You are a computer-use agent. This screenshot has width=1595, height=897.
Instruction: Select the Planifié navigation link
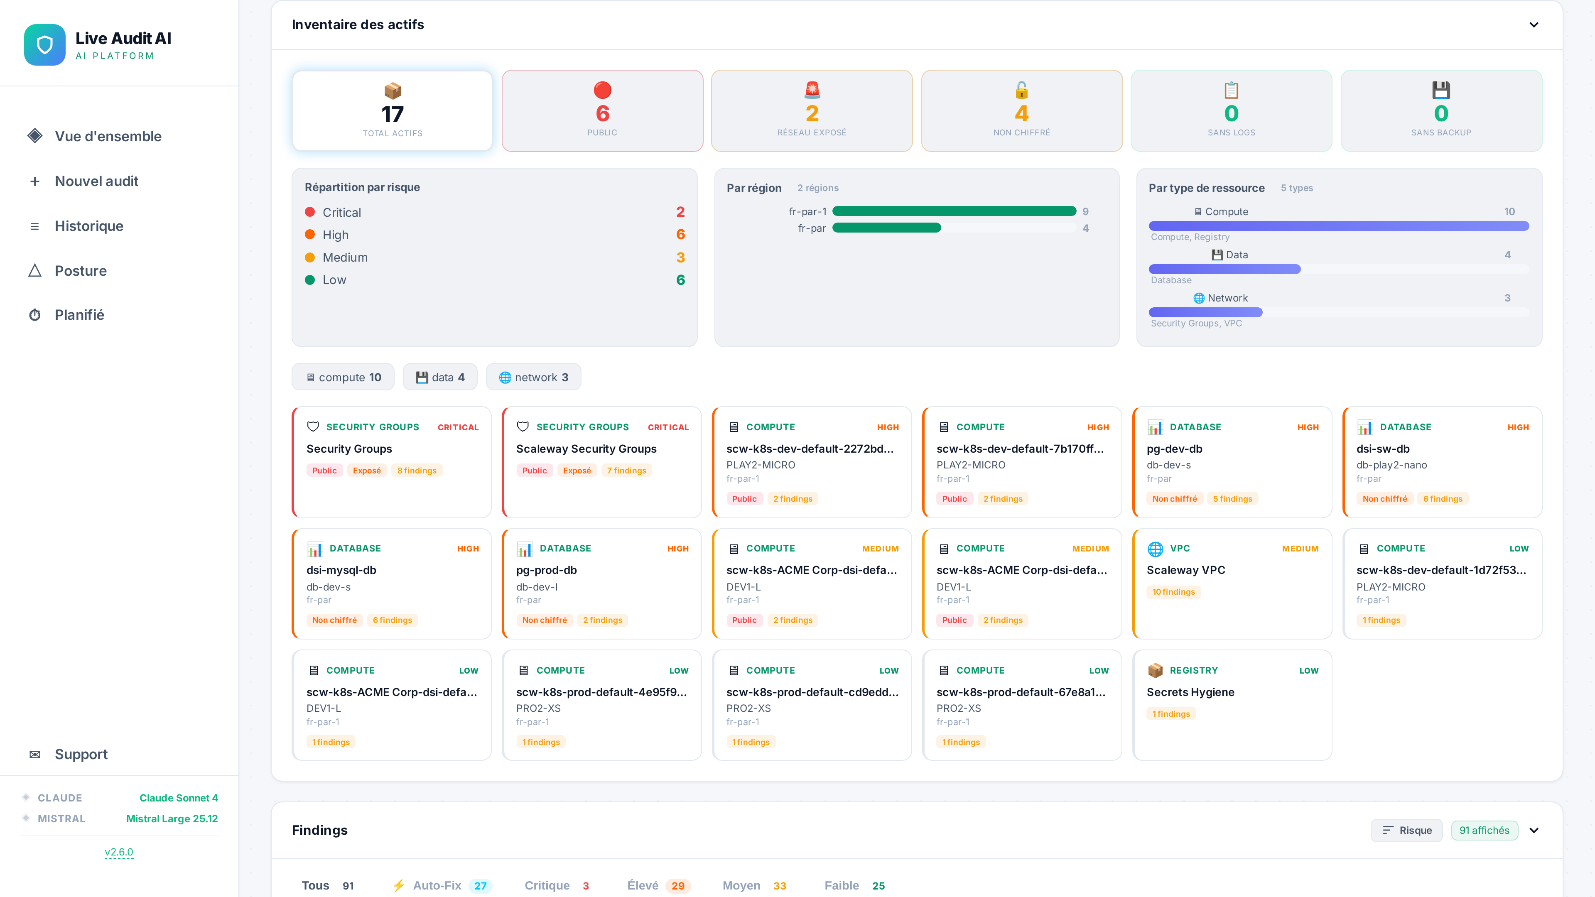[79, 315]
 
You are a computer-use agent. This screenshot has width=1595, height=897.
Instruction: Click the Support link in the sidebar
[81, 754]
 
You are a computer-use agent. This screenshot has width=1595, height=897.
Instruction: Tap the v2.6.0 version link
[119, 852]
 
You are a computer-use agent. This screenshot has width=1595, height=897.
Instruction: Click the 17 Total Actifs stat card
[393, 111]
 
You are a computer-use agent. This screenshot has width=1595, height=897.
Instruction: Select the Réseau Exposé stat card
[812, 111]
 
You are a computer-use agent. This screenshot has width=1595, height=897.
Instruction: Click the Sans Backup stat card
[1441, 111]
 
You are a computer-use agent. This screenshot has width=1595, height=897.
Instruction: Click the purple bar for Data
[1224, 269]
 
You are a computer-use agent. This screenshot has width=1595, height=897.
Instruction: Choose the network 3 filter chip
[533, 377]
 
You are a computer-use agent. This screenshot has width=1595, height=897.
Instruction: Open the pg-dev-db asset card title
[1174, 449]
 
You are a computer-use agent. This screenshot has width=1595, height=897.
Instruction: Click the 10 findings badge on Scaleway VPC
[1173, 592]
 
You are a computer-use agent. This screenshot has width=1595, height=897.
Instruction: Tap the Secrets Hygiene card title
[1190, 692]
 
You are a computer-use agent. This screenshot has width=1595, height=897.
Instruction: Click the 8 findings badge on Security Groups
[417, 471]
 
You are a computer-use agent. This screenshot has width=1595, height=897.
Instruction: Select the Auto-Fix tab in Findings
[437, 885]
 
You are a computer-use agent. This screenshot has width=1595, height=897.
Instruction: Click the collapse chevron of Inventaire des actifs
[1534, 25]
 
